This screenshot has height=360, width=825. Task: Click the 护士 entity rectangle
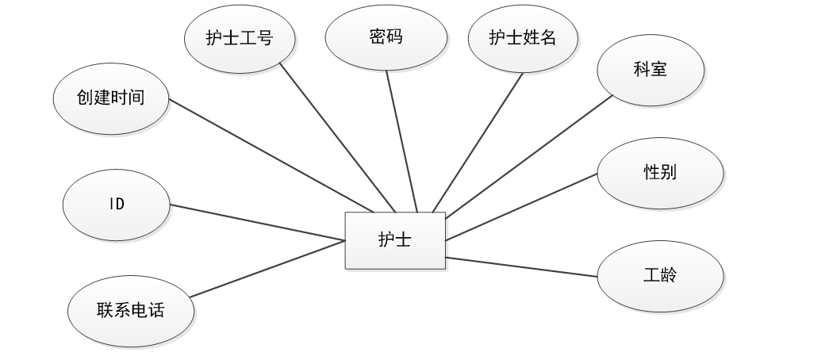pos(395,240)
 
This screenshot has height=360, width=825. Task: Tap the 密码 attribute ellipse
pos(386,38)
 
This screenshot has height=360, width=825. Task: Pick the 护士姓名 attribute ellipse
pos(523,38)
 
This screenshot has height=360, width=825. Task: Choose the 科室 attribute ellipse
pos(650,70)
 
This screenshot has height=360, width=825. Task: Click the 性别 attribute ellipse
pos(660,173)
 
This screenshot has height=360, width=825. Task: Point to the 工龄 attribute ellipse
pos(660,276)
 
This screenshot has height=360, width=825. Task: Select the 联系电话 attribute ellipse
pos(130,310)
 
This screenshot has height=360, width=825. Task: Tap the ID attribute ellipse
pos(117,204)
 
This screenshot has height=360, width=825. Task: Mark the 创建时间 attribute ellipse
pos(110,99)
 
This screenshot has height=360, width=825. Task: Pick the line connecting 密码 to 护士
pos(401,141)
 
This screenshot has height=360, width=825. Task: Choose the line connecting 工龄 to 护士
pos(521,266)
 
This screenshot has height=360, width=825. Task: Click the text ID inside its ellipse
pos(117,204)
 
